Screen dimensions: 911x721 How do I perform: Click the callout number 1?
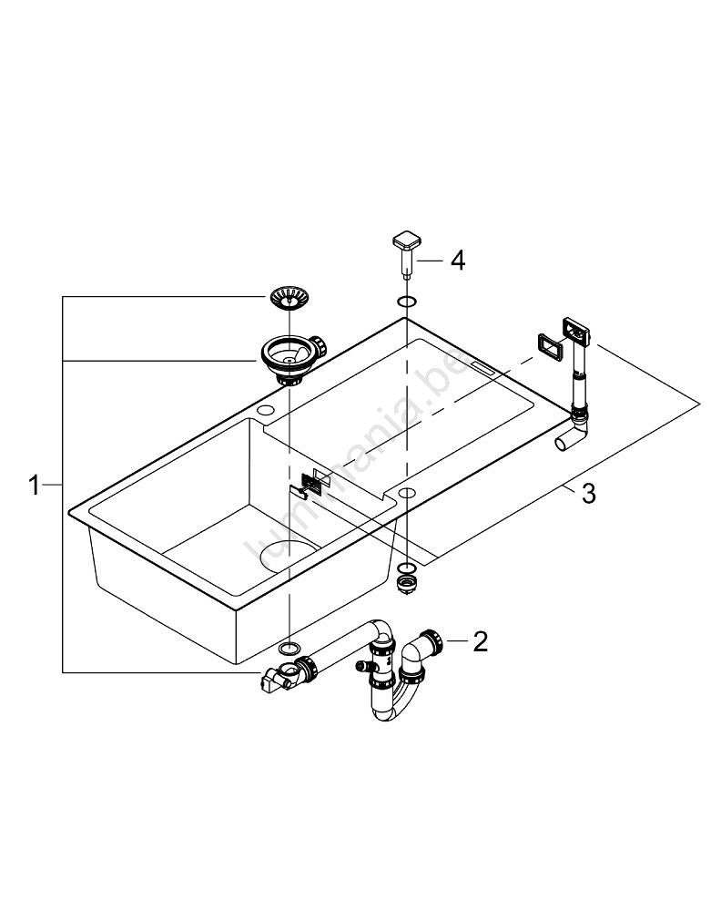[34, 485]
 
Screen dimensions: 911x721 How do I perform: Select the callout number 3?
[588, 494]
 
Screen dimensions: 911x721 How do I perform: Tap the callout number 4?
[457, 261]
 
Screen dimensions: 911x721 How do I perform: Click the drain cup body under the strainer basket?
[288, 356]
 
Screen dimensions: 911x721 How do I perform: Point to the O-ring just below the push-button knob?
[406, 301]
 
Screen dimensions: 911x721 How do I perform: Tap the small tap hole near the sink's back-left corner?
[266, 413]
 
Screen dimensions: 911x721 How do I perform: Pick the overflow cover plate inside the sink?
[310, 484]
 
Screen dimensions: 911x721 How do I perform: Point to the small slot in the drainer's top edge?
[482, 368]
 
